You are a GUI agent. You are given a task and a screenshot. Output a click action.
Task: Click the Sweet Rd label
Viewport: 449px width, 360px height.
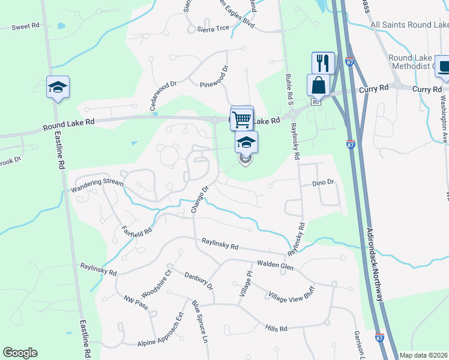[25, 26]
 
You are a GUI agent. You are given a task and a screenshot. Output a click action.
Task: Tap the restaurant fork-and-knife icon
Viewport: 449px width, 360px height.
[323, 62]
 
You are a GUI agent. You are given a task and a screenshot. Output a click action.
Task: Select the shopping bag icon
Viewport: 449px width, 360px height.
[318, 85]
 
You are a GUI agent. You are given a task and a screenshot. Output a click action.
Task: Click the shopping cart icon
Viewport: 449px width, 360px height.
[242, 118]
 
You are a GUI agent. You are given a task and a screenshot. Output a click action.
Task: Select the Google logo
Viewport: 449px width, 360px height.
[20, 353]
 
